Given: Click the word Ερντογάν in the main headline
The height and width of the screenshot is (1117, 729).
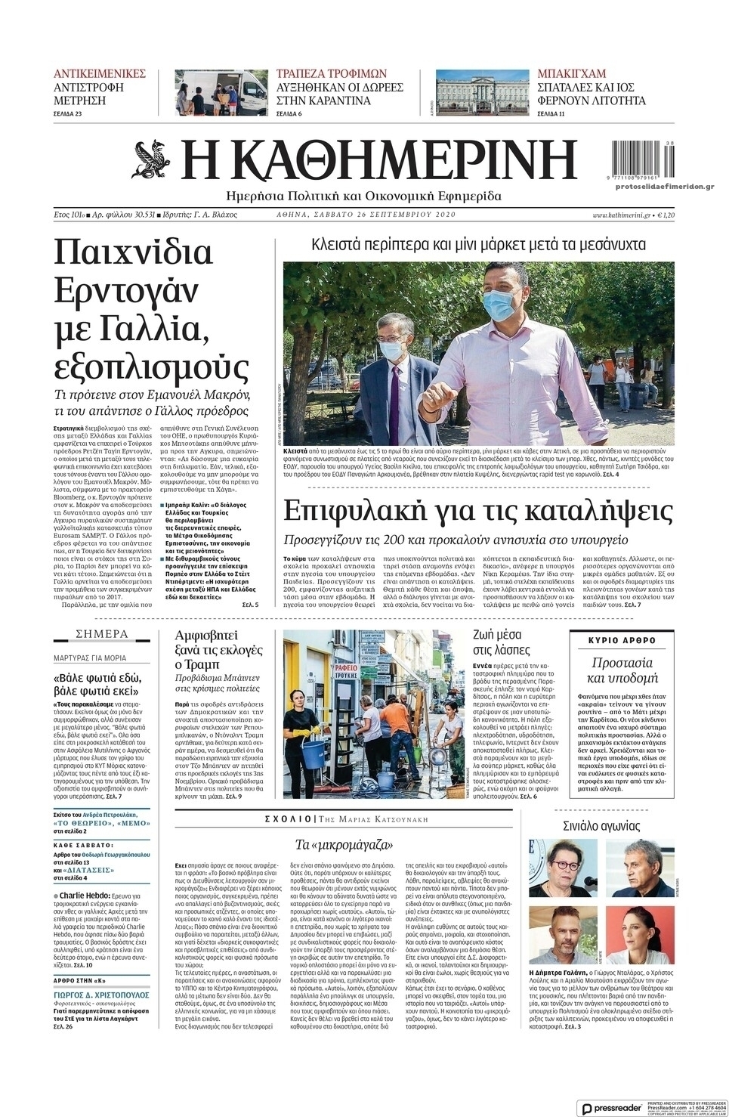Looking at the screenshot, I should point(128,290).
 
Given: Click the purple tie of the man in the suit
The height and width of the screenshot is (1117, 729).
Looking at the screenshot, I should point(394,393).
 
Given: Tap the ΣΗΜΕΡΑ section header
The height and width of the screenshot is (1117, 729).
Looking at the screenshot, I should point(102,634).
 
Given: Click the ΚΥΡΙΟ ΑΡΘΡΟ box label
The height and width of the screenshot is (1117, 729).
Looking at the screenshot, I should point(622,640).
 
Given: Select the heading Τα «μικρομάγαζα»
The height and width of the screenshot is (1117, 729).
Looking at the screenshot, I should point(346,844).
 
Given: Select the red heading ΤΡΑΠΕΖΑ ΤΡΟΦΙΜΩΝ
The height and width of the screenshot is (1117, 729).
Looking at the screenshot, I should point(332,74).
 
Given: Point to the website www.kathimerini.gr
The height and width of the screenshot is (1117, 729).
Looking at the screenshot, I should point(622,215).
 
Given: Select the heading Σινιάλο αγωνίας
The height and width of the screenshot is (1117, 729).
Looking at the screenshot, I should point(601,825).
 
